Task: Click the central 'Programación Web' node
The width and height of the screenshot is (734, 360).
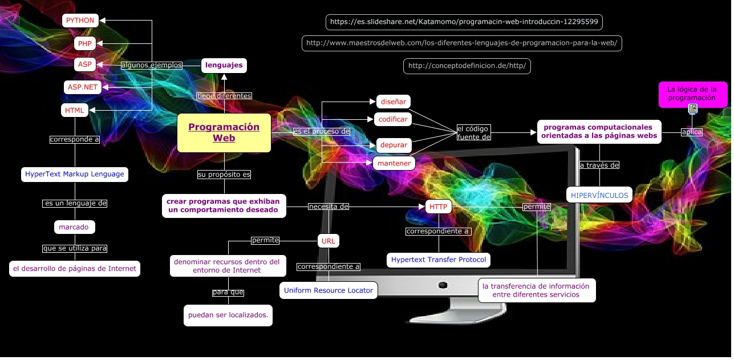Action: (224, 133)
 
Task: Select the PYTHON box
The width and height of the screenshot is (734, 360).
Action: (80, 21)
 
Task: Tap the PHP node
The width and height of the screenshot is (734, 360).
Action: (85, 43)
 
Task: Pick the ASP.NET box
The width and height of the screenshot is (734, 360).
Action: (83, 87)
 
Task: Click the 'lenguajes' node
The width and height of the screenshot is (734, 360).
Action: (224, 65)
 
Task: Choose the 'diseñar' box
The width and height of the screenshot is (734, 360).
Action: (393, 102)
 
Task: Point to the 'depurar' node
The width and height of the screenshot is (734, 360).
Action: (394, 145)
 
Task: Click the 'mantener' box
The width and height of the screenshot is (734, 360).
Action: (394, 163)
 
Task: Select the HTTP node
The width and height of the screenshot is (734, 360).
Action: (438, 207)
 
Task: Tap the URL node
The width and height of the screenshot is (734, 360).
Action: (329, 241)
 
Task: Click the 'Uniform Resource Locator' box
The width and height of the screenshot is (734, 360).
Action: (329, 290)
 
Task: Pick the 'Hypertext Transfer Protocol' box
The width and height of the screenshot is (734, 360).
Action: (439, 260)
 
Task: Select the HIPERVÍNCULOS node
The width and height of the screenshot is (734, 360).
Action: (599, 195)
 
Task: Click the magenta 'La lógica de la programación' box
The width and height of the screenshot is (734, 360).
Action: (693, 94)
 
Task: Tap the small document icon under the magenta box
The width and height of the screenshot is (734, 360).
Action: (692, 108)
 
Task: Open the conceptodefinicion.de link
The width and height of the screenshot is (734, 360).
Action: (467, 66)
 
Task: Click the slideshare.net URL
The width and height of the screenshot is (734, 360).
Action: (464, 22)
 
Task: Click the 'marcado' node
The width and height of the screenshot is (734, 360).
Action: (74, 227)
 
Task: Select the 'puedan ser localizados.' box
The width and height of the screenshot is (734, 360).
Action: (228, 315)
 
